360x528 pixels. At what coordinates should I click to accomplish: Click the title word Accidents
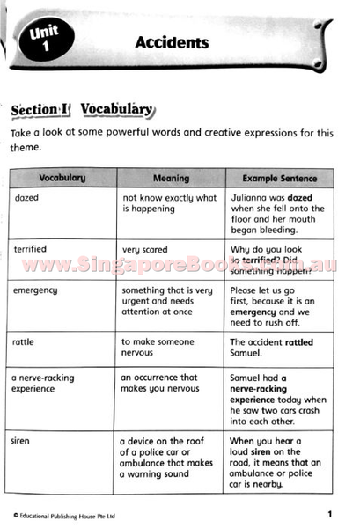pos(172,41)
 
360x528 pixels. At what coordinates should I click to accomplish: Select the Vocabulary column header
pos(62,178)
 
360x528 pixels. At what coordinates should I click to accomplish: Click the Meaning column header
pos(171,178)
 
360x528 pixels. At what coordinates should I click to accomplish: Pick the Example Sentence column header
pos(280,178)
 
